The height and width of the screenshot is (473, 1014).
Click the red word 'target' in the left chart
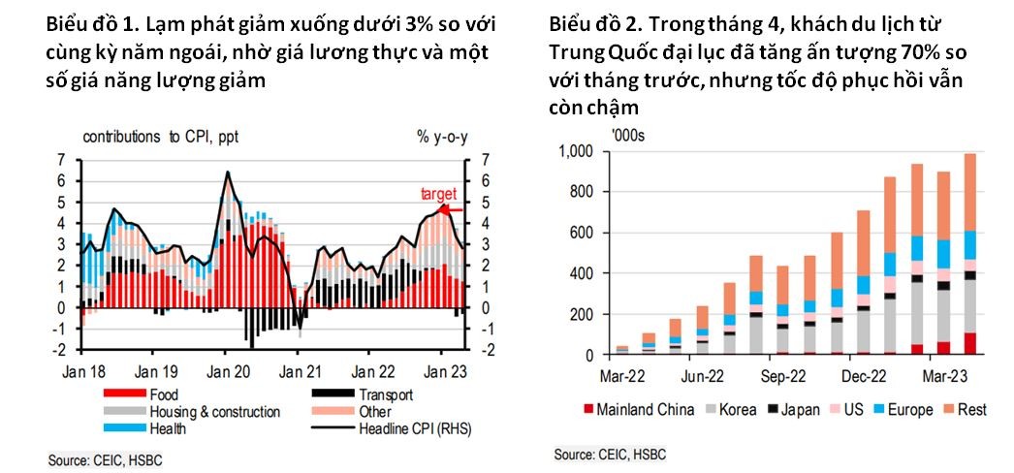(438, 194)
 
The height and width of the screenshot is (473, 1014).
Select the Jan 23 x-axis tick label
(443, 370)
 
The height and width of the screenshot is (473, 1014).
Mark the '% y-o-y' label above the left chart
(443, 137)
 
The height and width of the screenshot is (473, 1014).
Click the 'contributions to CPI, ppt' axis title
(159, 137)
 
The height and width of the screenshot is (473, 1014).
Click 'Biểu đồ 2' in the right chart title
(590, 22)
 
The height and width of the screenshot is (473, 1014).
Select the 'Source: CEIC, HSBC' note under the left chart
(104, 457)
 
